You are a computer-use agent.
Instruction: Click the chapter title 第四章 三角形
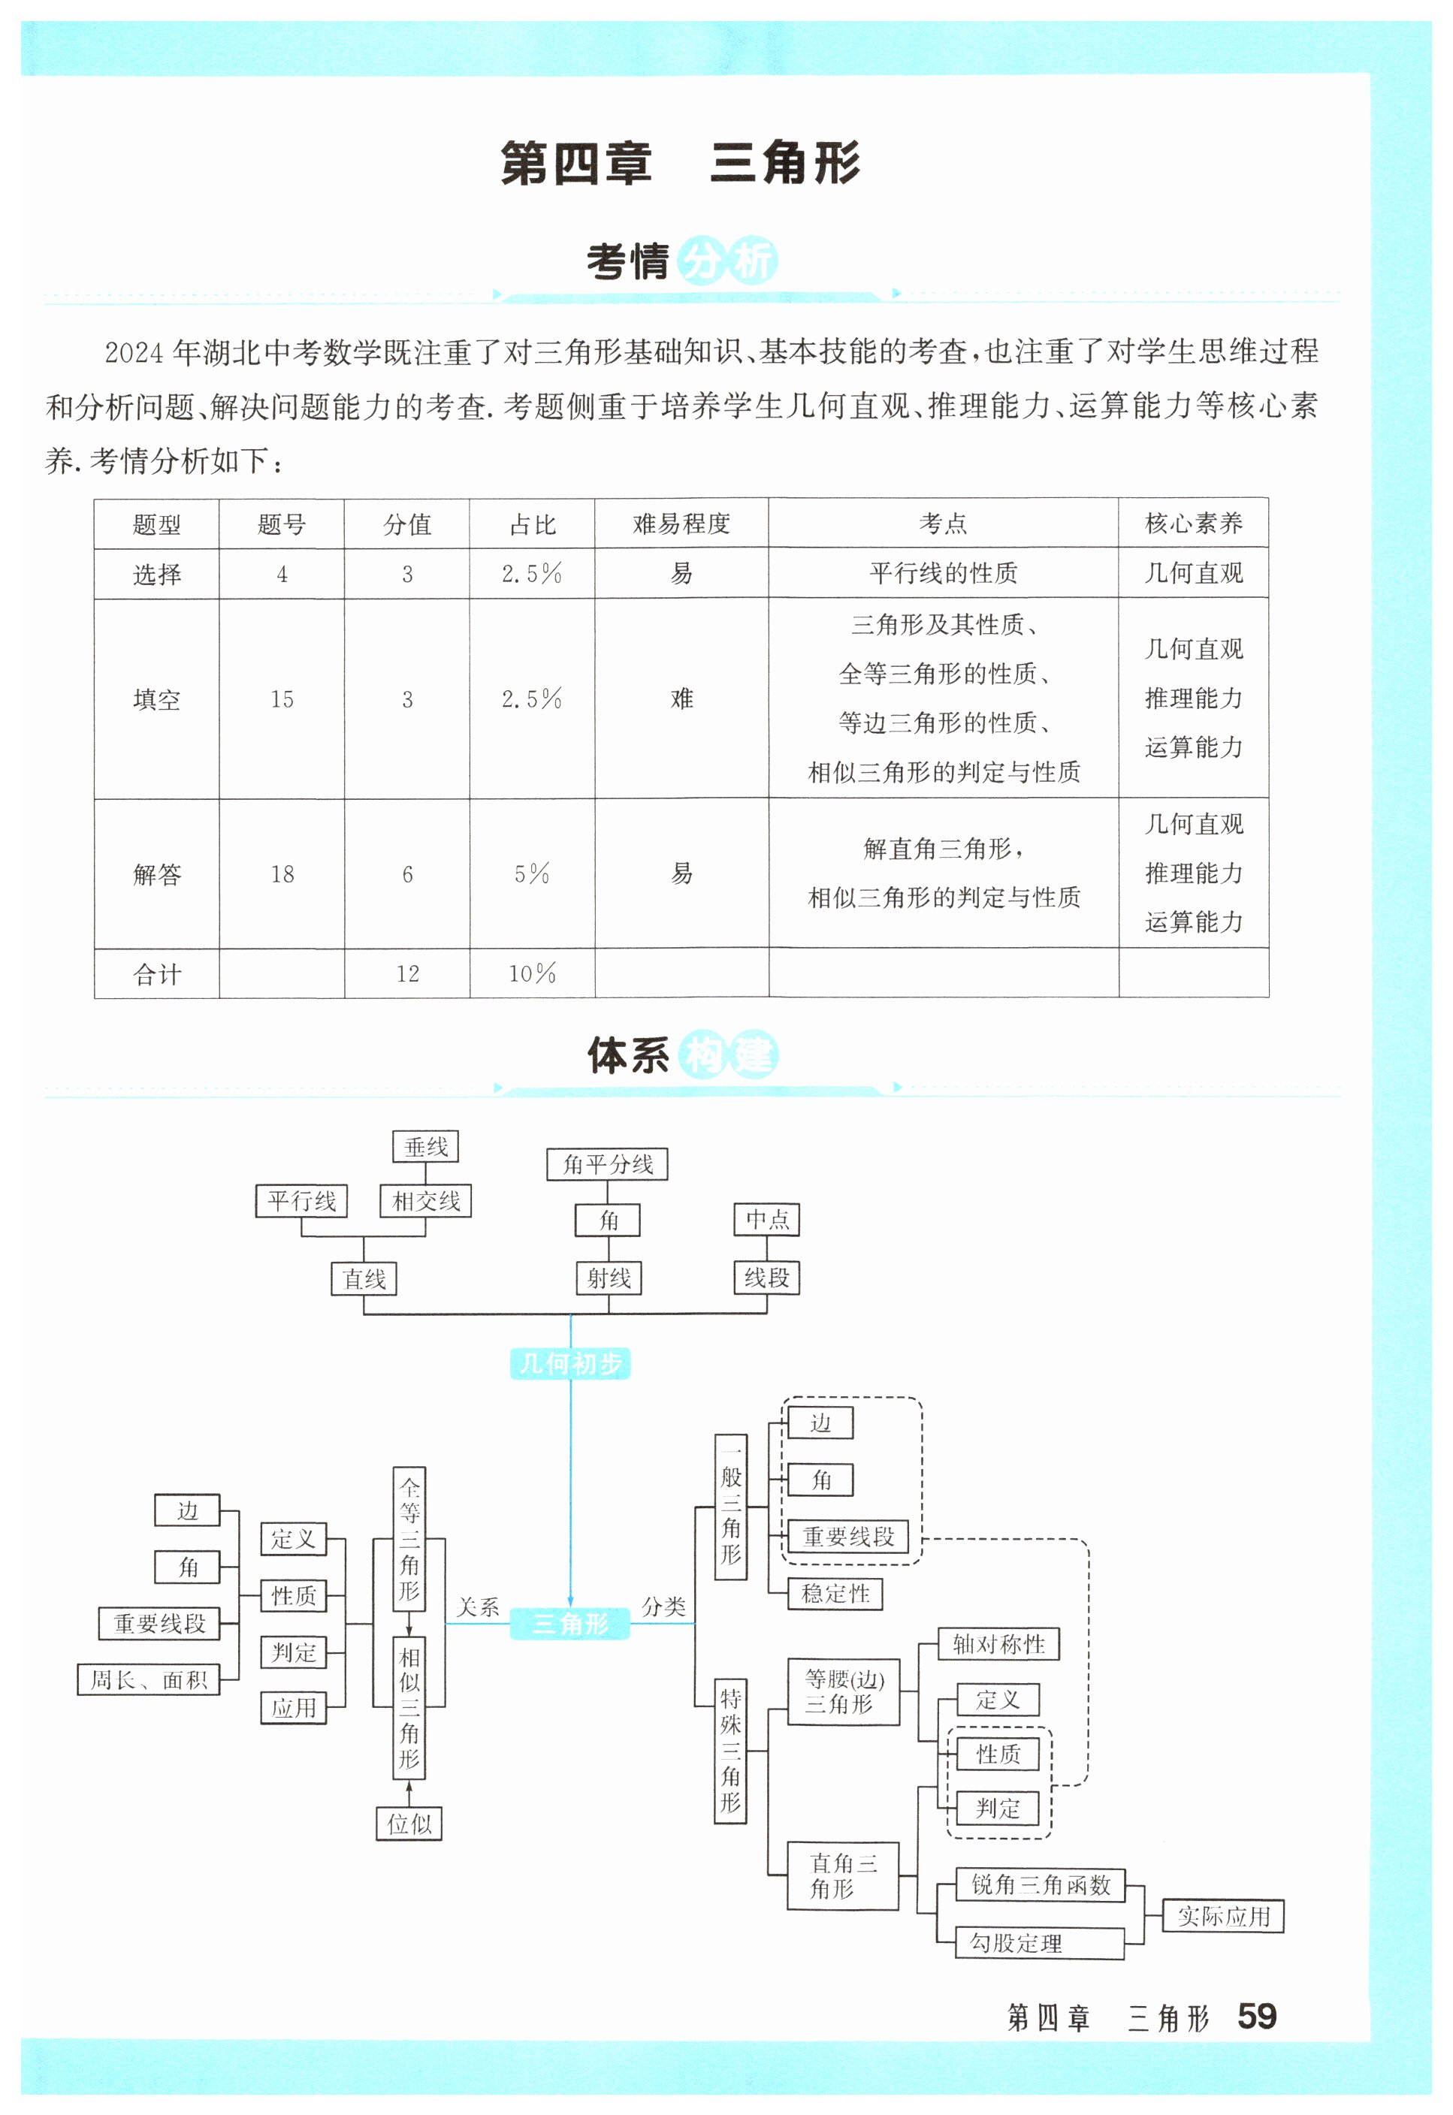680,164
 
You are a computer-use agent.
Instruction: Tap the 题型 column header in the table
156,524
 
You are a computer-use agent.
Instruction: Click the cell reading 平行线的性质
942,573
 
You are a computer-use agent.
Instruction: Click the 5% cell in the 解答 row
532,874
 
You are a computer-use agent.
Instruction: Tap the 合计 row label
156,975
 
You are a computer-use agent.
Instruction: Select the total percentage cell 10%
532,974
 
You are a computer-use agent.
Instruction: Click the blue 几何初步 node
570,1363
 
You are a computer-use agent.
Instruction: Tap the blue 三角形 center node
570,1624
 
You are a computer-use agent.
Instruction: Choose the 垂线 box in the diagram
425,1147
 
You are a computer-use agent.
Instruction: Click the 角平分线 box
607,1164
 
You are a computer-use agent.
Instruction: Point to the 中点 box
766,1220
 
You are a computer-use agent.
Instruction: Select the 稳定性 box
835,1594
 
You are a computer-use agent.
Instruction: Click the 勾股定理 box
1039,1944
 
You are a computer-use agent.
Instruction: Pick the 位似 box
409,1824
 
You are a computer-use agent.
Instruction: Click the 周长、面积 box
149,1680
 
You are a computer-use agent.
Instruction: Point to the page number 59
1256,2017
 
